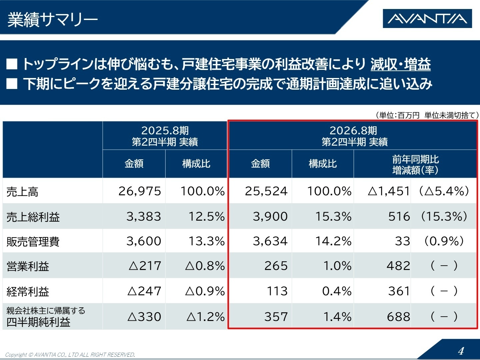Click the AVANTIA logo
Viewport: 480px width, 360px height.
pos(427,19)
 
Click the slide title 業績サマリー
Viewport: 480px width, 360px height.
pos(53,20)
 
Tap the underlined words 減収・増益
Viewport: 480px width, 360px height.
pos(400,64)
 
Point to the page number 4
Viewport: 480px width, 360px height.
pos(461,351)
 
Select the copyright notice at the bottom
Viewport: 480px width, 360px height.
pos(70,355)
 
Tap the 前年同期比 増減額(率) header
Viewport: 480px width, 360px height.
pos(415,164)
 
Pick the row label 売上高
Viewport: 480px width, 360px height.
pos(22,192)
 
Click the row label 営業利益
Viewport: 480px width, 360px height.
pos(28,266)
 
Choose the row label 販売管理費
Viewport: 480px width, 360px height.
pos(33,242)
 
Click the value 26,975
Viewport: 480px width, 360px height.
pos(140,191)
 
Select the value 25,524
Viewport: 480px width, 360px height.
pos(266,191)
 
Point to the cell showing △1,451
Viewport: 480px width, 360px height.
pos(389,191)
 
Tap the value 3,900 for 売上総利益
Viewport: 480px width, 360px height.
pos(270,217)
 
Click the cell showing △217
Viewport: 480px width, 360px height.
pos(145,266)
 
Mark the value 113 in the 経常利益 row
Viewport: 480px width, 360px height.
pos(277,291)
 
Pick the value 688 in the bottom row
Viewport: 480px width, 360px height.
pos(398,317)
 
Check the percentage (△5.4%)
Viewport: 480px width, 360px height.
pos(444,191)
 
